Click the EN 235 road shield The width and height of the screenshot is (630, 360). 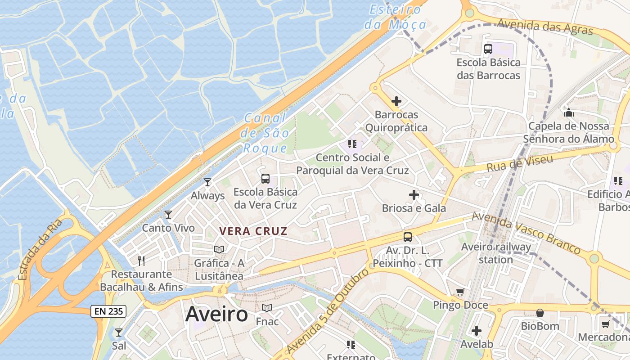(108, 311)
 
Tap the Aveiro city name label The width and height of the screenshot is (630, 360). (216, 314)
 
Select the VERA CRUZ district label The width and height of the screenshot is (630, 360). (253, 231)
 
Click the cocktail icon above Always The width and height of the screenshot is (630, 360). (207, 182)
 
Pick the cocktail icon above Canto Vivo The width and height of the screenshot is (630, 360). (168, 214)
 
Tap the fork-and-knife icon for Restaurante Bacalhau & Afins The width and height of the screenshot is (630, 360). (141, 261)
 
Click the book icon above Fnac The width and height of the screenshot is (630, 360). (267, 308)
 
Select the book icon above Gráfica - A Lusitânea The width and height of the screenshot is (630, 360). (219, 249)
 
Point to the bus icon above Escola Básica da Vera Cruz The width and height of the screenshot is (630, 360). (265, 178)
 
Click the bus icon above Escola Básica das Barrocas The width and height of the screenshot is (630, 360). (488, 49)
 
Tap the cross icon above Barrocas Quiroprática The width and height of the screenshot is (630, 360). (396, 101)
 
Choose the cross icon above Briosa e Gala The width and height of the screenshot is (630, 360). (414, 195)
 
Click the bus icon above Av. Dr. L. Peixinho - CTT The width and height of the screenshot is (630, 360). (408, 237)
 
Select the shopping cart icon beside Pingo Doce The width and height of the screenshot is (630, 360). (460, 292)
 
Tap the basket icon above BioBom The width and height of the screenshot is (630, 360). (540, 312)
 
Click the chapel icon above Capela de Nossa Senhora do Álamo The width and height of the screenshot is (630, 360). (569, 112)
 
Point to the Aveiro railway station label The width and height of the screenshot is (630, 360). (496, 253)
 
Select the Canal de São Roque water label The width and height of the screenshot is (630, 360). (265, 133)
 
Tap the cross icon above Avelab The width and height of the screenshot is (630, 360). (477, 331)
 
